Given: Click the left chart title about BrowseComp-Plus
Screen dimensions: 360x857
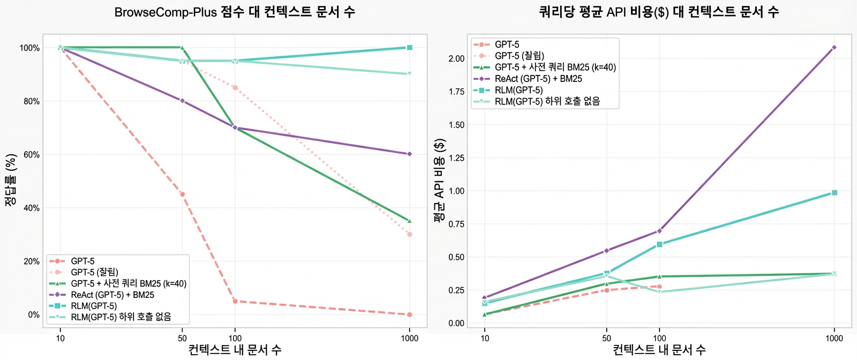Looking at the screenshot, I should point(235,12).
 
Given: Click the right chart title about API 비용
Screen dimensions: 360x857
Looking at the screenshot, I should point(659,12).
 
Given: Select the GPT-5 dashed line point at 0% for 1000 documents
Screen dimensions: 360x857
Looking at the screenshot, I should point(410,314).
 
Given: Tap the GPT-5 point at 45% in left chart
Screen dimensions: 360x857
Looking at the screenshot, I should point(182,194).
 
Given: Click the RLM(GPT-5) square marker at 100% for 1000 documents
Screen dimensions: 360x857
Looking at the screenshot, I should point(410,48).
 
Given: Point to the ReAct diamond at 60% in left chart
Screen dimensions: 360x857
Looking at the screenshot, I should point(410,154).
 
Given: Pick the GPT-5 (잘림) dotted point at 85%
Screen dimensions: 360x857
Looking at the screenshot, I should point(235,87).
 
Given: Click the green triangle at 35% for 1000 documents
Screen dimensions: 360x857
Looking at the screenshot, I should point(410,221).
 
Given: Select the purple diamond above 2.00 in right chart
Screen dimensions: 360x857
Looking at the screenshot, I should point(834,48).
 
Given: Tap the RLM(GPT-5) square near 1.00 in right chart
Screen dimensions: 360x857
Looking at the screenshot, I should point(834,193).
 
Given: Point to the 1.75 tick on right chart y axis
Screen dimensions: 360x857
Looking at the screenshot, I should point(456,92).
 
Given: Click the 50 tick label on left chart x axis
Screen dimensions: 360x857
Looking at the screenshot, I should point(182,338).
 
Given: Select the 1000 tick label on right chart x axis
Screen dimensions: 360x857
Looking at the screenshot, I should point(834,338).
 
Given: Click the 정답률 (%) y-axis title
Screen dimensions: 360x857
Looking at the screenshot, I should point(11,181).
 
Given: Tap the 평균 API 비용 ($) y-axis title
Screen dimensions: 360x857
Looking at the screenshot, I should point(439,181).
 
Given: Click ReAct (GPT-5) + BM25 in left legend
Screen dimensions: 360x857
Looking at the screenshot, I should point(112,295).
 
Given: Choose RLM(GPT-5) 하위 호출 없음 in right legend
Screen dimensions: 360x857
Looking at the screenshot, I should point(547,101).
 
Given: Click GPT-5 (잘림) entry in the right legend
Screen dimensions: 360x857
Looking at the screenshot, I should point(519,56).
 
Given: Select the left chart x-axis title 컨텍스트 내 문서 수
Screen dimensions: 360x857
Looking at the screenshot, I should point(235,350).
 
